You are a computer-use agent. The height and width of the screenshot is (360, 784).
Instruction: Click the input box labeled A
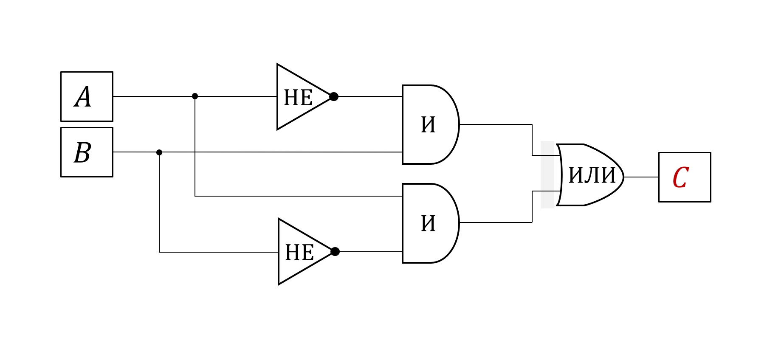coord(87,96)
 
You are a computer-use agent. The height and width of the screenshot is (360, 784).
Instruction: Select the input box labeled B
coord(87,152)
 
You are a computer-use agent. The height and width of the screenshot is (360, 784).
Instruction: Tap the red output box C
coord(685,177)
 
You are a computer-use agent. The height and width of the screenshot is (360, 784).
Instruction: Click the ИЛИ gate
coord(590,175)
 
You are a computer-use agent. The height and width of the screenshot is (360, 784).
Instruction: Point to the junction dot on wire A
coord(195,96)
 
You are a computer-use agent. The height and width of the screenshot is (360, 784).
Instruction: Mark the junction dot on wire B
coord(159,152)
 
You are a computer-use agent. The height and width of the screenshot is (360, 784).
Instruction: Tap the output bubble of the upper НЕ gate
coord(334,97)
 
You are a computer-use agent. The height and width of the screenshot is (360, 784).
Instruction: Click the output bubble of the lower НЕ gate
coord(335,252)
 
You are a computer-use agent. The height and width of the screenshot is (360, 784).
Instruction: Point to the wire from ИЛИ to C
coord(641,177)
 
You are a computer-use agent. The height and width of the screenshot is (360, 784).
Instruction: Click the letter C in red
coord(680,177)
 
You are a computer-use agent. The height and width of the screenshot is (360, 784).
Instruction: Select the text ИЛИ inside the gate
coord(592,175)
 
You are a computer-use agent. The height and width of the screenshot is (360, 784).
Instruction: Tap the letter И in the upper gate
coord(428,125)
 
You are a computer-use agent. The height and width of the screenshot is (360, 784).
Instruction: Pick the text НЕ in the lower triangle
coord(299,253)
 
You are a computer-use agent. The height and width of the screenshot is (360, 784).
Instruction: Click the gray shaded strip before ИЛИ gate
coord(547,174)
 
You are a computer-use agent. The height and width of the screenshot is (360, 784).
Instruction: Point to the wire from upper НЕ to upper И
coord(370,96)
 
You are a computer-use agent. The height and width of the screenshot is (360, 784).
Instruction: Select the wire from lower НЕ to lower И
coord(371,252)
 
